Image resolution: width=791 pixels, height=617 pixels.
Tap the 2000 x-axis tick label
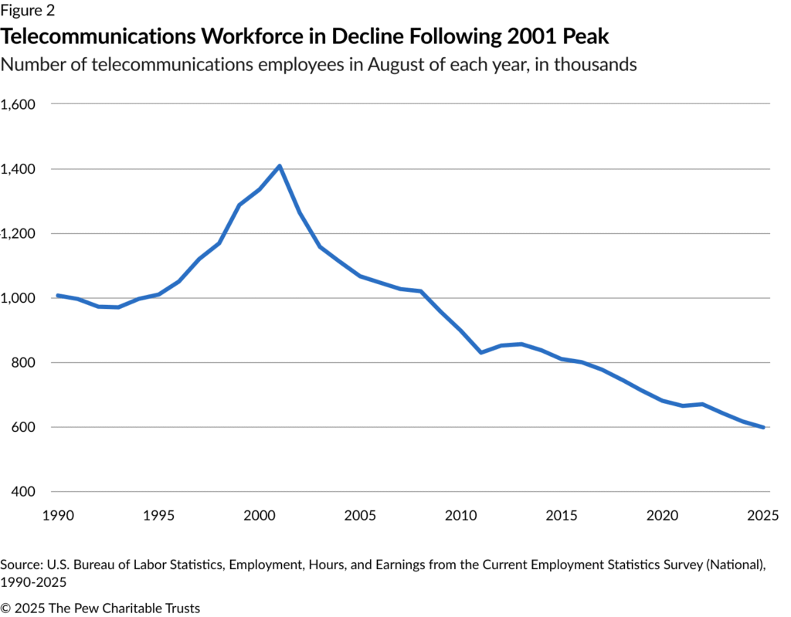point(258,515)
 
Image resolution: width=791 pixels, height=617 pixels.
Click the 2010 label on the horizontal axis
point(461,515)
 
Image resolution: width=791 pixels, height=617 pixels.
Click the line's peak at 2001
point(279,165)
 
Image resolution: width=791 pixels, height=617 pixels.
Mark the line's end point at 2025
point(764,427)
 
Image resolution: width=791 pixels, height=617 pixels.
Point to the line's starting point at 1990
point(57,295)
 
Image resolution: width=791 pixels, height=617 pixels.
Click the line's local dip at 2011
point(481,352)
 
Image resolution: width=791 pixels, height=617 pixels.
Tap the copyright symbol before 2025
point(6,609)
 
